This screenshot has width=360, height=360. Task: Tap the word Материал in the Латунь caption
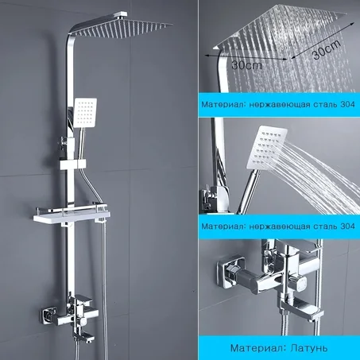(x=255, y=347)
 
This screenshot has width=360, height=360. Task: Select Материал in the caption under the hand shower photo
(x=223, y=226)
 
